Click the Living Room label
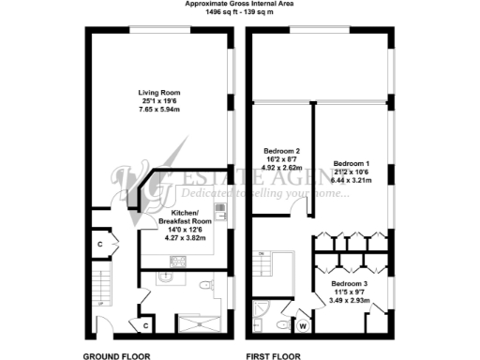(x=159, y=93)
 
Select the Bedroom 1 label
(x=352, y=160)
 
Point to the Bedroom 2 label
(x=281, y=152)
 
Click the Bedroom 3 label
(x=352, y=282)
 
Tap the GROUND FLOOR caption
(x=119, y=355)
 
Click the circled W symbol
(x=303, y=327)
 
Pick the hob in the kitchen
(x=219, y=210)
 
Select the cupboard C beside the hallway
(x=98, y=245)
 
